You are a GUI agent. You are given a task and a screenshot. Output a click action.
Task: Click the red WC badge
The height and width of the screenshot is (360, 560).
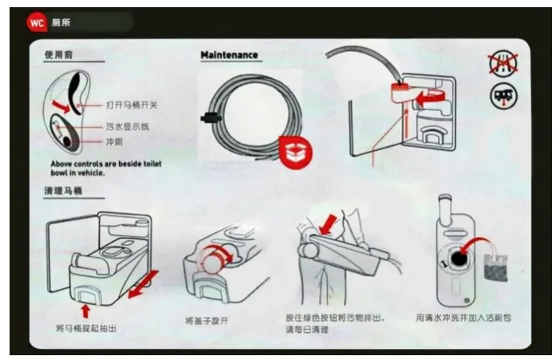pos(37,22)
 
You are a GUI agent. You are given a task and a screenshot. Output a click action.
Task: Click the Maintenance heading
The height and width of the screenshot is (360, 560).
pos(229,55)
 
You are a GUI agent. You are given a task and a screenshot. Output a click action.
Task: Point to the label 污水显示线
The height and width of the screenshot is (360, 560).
pos(128,126)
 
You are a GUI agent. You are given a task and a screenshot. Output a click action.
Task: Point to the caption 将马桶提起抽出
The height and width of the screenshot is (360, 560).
pos(91,328)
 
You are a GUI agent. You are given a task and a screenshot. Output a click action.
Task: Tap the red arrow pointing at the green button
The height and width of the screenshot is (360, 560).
pos(327,224)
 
